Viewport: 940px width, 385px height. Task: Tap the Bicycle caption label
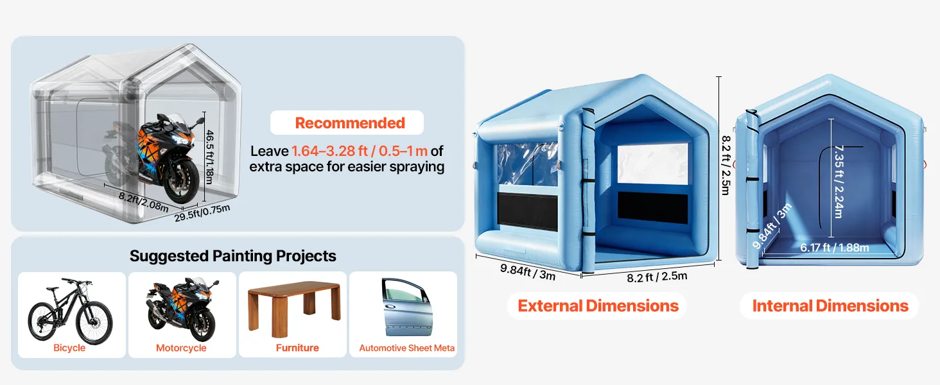[x=69, y=348]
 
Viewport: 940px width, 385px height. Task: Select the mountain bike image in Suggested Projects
[x=70, y=311]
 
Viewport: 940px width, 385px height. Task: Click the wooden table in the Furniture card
[x=294, y=308]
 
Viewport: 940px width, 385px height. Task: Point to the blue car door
[x=406, y=307]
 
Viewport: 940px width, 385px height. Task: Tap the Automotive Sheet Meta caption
[x=406, y=348]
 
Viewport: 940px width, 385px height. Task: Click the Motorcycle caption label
[x=181, y=348]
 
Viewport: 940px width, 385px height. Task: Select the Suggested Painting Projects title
[x=233, y=256]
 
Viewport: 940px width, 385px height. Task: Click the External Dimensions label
[x=598, y=305]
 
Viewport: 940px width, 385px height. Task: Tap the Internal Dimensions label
[x=830, y=305]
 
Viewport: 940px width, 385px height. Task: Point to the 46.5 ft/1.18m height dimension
[x=209, y=157]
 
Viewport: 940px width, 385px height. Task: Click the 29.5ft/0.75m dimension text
[x=202, y=212]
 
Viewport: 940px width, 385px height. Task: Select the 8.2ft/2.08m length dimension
[x=144, y=201]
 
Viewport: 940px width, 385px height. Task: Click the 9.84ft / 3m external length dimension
[x=528, y=272]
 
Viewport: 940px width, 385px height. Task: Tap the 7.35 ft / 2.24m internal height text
[x=839, y=182]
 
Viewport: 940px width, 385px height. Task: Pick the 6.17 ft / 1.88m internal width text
[x=834, y=248]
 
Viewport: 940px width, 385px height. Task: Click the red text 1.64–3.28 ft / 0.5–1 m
[x=360, y=151]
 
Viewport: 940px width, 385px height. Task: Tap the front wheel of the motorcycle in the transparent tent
[x=182, y=181]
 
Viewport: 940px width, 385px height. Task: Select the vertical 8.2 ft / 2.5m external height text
[x=726, y=166]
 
